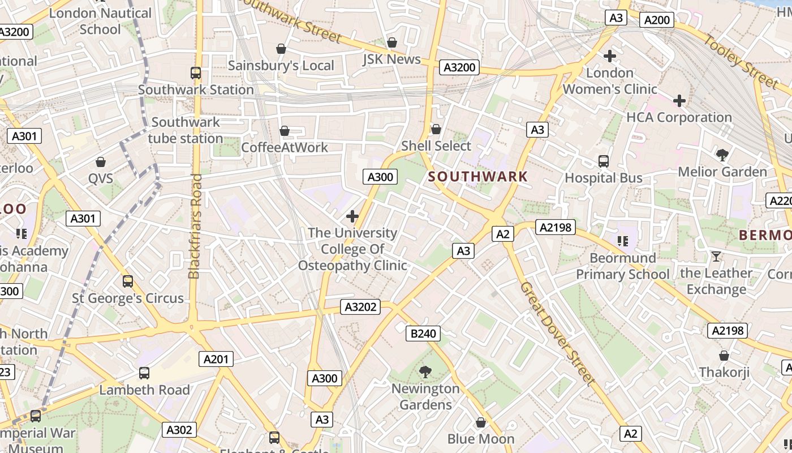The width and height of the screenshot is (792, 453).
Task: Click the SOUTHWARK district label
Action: [x=477, y=176]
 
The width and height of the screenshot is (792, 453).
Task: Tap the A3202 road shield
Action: [x=360, y=307]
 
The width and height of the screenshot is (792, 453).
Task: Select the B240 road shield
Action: [x=423, y=334]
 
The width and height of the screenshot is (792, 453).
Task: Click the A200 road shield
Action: [x=657, y=20]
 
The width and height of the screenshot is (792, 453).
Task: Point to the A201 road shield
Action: [x=216, y=358]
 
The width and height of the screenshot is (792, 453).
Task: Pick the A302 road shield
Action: [x=179, y=430]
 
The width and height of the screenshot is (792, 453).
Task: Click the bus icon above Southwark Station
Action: [x=196, y=73]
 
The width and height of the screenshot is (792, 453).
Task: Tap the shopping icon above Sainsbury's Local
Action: [x=281, y=49]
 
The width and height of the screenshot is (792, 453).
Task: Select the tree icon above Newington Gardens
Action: [x=425, y=372]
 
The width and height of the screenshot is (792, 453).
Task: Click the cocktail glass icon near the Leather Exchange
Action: [x=716, y=257]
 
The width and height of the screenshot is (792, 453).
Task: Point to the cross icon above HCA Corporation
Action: [x=679, y=101]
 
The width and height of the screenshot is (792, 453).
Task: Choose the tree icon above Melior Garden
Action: [x=722, y=155]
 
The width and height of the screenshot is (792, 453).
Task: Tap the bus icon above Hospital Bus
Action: [x=604, y=161]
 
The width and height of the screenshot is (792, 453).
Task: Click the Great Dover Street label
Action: [x=557, y=334]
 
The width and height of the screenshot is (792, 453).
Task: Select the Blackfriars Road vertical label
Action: [x=195, y=226]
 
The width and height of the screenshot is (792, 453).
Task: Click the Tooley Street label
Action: [x=741, y=61]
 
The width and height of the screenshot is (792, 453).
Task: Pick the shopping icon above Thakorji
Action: [x=724, y=356]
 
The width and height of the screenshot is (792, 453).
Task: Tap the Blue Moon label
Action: [x=481, y=439]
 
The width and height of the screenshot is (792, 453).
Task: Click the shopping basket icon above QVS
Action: [x=101, y=162]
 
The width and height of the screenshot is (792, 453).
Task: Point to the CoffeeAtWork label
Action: [x=285, y=147]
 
